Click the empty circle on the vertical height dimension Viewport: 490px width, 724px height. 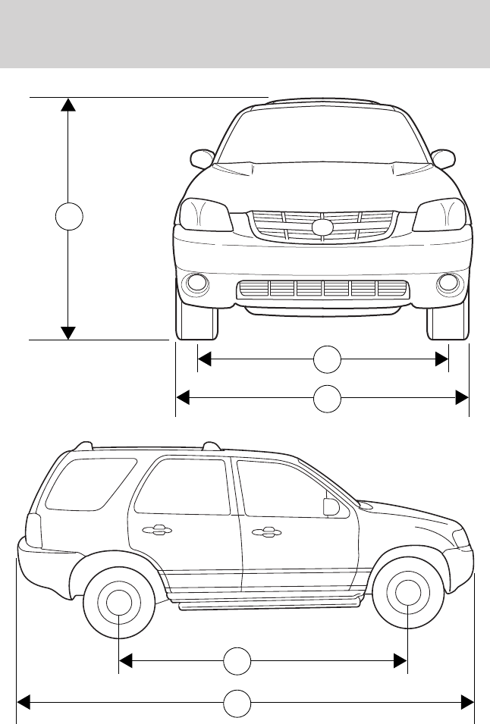pyautogui.click(x=68, y=217)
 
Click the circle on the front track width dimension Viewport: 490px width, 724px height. pyautogui.click(x=327, y=359)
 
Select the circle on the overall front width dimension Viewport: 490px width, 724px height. pyautogui.click(x=327, y=399)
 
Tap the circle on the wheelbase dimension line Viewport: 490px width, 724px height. pyautogui.click(x=237, y=662)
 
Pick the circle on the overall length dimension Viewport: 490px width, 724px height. pyautogui.click(x=237, y=704)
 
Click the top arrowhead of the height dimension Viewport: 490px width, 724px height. pyautogui.click(x=68, y=105)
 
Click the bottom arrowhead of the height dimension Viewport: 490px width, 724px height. pyautogui.click(x=68, y=332)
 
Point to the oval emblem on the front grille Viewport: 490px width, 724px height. pyautogui.click(x=322, y=227)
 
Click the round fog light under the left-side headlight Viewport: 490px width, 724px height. pyautogui.click(x=197, y=284)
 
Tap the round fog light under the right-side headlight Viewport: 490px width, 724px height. pyautogui.click(x=448, y=284)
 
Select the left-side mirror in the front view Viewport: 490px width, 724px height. pyautogui.click(x=202, y=159)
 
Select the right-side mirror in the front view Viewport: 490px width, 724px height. pyautogui.click(x=443, y=159)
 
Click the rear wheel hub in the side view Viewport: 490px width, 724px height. pyautogui.click(x=119, y=604)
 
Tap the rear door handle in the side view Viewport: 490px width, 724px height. pyautogui.click(x=155, y=531)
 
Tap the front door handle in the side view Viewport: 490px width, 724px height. pyautogui.click(x=265, y=531)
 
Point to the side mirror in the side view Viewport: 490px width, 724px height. pyautogui.click(x=330, y=507)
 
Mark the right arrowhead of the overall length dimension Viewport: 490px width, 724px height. pyautogui.click(x=466, y=704)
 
